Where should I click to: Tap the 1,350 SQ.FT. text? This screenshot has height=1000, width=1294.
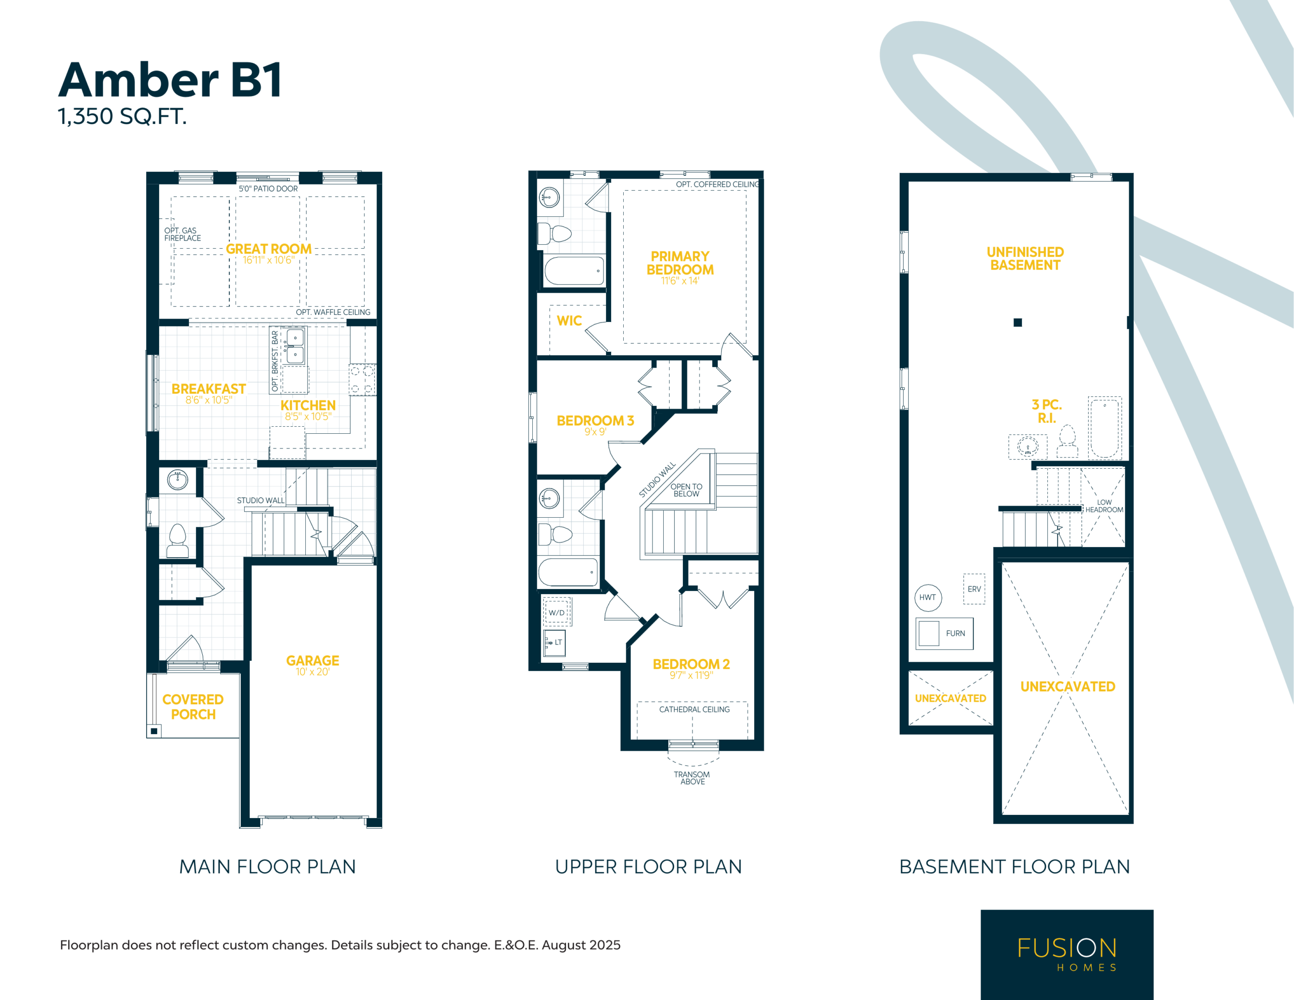(x=122, y=116)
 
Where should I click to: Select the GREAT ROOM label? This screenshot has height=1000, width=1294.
(x=268, y=249)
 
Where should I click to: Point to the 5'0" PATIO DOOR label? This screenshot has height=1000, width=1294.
(x=268, y=189)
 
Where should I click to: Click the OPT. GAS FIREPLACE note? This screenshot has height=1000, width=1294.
(x=182, y=234)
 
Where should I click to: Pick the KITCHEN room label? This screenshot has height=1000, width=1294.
(x=308, y=405)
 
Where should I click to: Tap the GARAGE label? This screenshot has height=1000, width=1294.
(x=313, y=660)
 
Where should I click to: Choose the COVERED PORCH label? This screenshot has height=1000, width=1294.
(x=193, y=707)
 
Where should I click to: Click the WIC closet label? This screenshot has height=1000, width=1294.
(x=569, y=321)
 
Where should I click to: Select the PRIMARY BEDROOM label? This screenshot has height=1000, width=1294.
(x=680, y=263)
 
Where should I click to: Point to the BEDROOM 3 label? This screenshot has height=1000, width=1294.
(x=595, y=420)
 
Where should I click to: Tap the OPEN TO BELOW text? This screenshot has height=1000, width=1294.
(x=686, y=490)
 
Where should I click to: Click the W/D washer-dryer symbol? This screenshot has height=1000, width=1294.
(x=557, y=612)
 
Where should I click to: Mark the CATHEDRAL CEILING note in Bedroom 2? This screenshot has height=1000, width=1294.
(x=695, y=709)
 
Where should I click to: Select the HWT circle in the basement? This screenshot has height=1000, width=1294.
(x=929, y=598)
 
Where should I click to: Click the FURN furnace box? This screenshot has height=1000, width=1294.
(x=944, y=633)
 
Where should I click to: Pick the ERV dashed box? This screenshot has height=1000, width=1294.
(x=974, y=589)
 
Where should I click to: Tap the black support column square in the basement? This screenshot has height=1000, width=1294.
(x=1018, y=323)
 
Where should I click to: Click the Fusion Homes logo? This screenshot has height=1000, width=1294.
(x=1067, y=954)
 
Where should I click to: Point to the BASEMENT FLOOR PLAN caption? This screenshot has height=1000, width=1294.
(x=1014, y=867)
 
